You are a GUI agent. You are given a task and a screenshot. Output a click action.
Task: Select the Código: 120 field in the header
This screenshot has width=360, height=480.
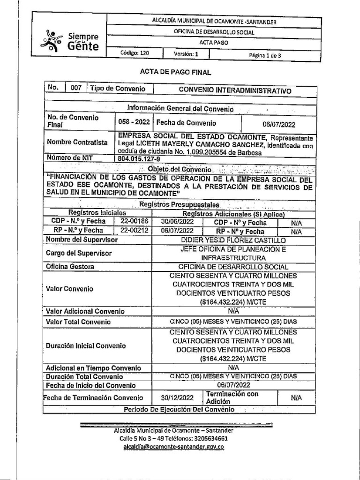tap(135, 53)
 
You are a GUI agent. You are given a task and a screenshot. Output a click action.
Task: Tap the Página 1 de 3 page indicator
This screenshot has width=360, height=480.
tap(265, 54)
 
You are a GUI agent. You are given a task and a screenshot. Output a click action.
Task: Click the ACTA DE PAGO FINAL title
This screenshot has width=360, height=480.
tap(176, 72)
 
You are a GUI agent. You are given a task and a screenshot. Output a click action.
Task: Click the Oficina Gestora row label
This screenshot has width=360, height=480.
tap(70, 267)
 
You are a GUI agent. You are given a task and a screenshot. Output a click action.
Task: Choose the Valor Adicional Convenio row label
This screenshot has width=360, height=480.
tap(85, 311)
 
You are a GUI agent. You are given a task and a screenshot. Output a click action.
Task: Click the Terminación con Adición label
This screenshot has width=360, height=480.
tap(232, 397)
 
